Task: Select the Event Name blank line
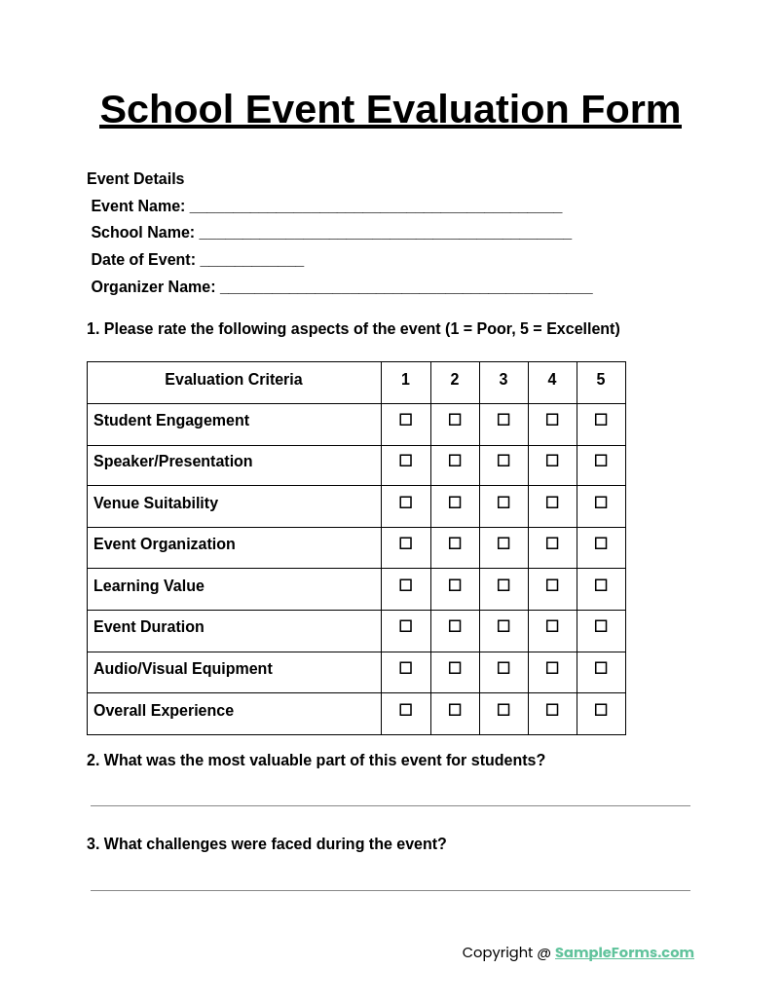point(375,208)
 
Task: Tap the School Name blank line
point(385,235)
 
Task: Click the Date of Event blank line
point(252,262)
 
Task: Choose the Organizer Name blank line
point(406,289)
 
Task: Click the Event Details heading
point(135,179)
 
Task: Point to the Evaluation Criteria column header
point(234,380)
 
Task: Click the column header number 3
point(503,380)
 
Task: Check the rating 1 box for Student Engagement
point(406,420)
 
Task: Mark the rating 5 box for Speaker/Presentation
point(601,461)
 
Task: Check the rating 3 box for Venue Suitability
point(503,503)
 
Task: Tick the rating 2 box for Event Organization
point(455,543)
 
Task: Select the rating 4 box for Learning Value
point(552,585)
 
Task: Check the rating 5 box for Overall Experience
point(601,710)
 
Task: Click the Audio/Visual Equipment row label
point(183,669)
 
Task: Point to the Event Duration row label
point(149,627)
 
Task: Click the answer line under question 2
point(390,803)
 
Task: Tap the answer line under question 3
point(390,888)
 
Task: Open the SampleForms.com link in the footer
point(624,952)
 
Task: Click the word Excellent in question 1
point(580,329)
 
